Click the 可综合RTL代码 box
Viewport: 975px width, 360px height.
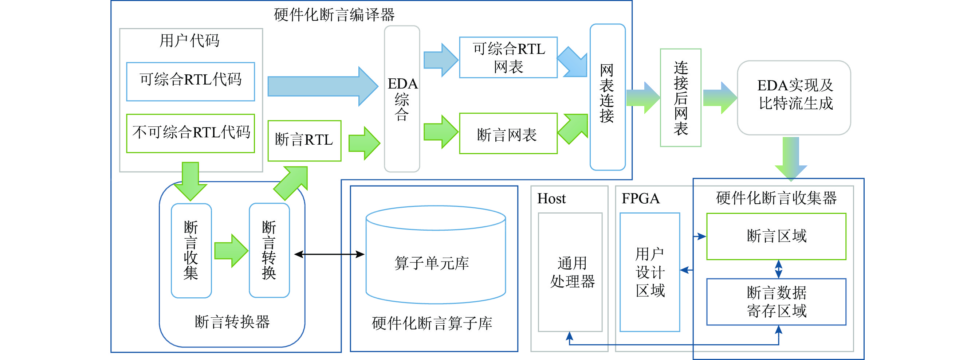pyautogui.click(x=190, y=81)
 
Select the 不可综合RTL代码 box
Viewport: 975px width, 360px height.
pyautogui.click(x=190, y=133)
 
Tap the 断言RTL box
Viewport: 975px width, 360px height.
pyautogui.click(x=304, y=140)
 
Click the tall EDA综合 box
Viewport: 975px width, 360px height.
pyautogui.click(x=402, y=99)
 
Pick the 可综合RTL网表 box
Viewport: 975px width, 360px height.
pyautogui.click(x=508, y=58)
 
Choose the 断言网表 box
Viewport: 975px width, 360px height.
pyautogui.click(x=508, y=133)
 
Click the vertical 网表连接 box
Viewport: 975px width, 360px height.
pyautogui.click(x=608, y=97)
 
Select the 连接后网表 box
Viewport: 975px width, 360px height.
pyautogui.click(x=680, y=98)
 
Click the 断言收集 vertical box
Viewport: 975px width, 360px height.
pyautogui.click(x=191, y=251)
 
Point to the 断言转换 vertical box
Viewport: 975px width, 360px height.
pyautogui.click(x=269, y=251)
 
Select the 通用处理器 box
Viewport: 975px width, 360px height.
pyautogui.click(x=570, y=272)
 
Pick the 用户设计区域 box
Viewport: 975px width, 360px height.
pyautogui.click(x=649, y=272)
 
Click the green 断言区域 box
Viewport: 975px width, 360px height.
pyautogui.click(x=776, y=236)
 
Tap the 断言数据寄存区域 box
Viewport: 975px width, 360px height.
pyautogui.click(x=776, y=302)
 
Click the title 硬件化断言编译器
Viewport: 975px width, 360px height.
pyautogui.click(x=334, y=15)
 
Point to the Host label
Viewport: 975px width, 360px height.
pyautogui.click(x=551, y=199)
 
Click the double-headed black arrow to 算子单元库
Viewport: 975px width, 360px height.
pyautogui.click(x=329, y=254)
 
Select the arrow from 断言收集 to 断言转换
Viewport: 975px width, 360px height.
pyautogui.click(x=231, y=251)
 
